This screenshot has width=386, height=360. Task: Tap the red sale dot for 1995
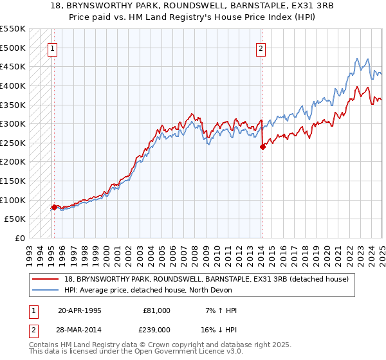pyautogui.click(x=54, y=207)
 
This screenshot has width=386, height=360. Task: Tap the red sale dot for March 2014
pyautogui.click(x=262, y=147)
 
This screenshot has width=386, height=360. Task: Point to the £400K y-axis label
pyautogui.click(x=14, y=85)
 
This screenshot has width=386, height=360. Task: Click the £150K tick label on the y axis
pyautogui.click(x=14, y=181)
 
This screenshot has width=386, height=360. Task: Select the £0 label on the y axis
pyautogui.click(x=20, y=238)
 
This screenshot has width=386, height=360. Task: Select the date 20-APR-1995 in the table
pyautogui.click(x=80, y=310)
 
